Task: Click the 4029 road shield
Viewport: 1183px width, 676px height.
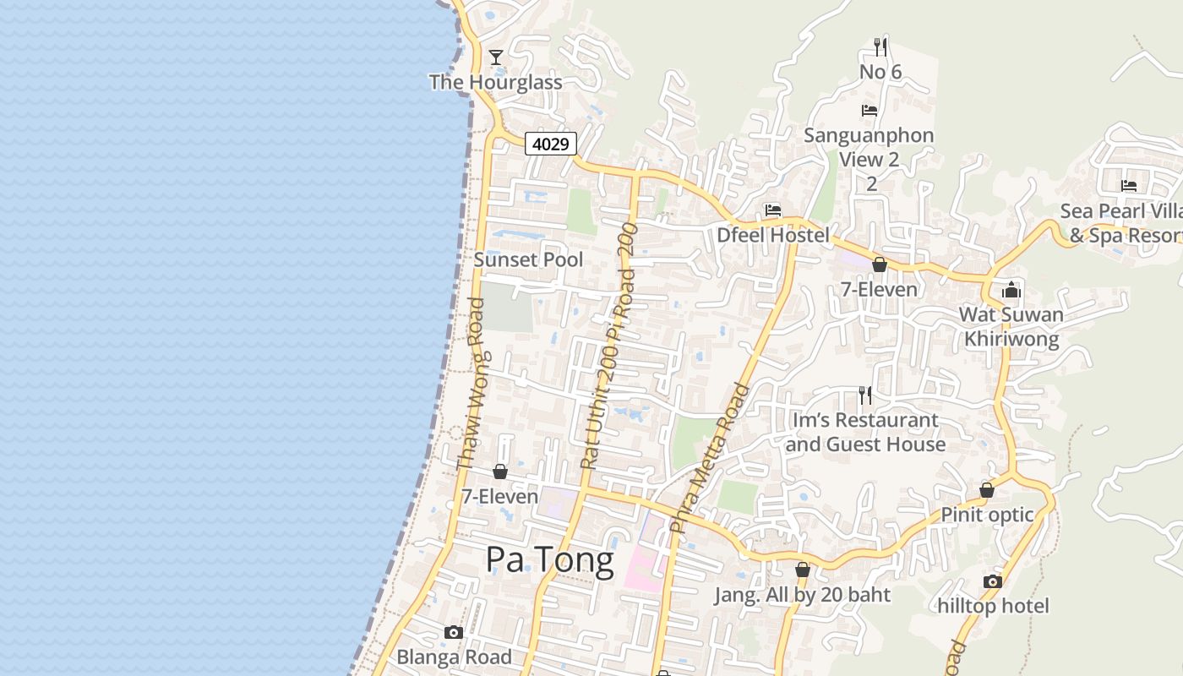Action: (551, 144)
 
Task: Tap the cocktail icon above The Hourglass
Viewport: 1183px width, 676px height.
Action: (496, 57)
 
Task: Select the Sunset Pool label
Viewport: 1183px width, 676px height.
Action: (528, 259)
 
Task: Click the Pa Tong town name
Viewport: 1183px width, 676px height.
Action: (549, 561)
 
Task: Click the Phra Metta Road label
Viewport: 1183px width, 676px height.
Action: (710, 458)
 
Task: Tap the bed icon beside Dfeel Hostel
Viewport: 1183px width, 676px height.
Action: (772, 210)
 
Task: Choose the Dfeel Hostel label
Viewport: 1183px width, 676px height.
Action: (773, 235)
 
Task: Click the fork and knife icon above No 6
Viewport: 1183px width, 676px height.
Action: (880, 46)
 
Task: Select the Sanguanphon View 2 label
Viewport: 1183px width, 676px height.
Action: (869, 147)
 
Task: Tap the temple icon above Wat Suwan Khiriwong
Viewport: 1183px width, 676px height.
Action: (1011, 290)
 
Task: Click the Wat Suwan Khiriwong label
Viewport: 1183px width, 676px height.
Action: (1011, 327)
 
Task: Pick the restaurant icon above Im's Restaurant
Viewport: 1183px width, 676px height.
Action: (865, 395)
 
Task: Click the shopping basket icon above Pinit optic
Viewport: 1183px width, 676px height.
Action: (986, 490)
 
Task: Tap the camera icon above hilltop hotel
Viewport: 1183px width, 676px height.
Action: (993, 581)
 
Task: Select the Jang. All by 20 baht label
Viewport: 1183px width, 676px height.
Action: (802, 595)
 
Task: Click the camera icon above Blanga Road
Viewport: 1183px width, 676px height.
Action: (454, 632)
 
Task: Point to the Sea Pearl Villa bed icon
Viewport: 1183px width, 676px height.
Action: (1128, 186)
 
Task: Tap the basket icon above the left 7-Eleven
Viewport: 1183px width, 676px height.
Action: (500, 472)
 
